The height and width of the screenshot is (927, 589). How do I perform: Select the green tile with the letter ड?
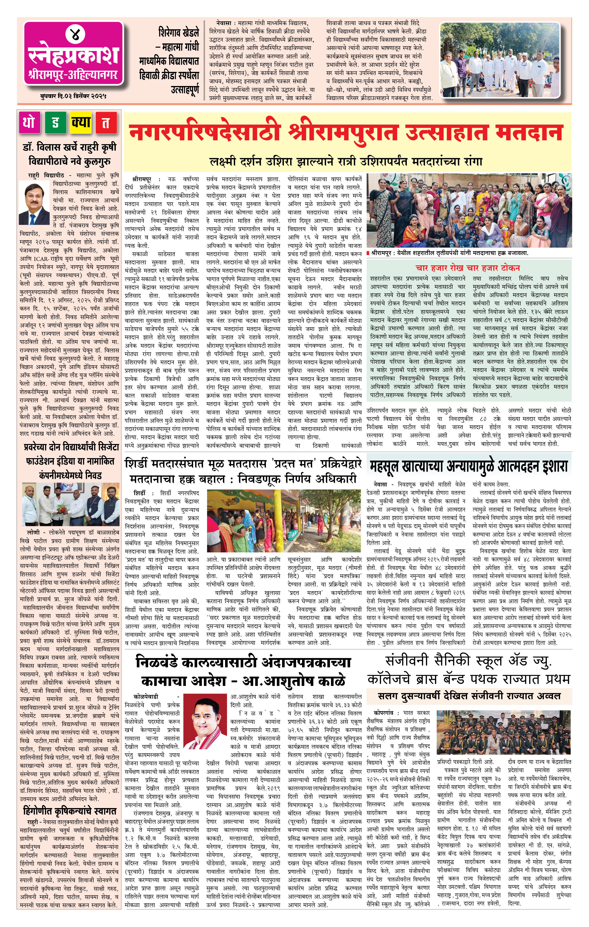(x=55, y=123)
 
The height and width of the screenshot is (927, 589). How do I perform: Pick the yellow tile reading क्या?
(x=81, y=123)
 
